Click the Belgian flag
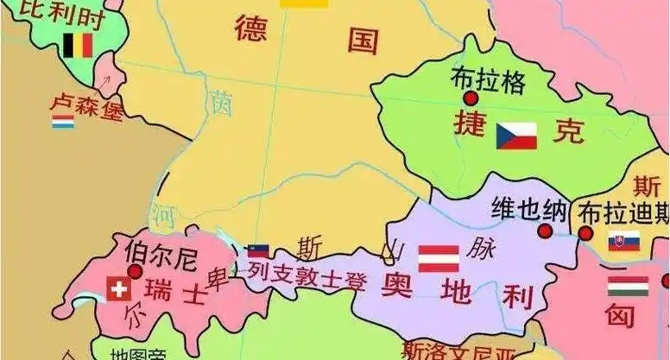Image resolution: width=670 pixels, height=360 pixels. point(77,45)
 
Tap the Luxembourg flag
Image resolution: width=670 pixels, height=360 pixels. point(63,122)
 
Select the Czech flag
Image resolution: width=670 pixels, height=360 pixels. point(516,136)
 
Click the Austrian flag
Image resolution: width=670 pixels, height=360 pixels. point(439,258)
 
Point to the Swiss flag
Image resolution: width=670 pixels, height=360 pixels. point(118,289)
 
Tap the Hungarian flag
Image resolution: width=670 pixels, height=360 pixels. point(628,286)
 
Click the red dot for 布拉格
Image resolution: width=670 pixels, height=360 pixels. point(470,99)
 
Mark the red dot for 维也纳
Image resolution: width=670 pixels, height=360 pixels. point(546,231)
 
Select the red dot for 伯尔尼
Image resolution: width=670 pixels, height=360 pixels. point(135,272)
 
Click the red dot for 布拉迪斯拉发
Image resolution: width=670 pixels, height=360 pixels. point(585,233)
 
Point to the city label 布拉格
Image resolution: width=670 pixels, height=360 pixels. point(488,79)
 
